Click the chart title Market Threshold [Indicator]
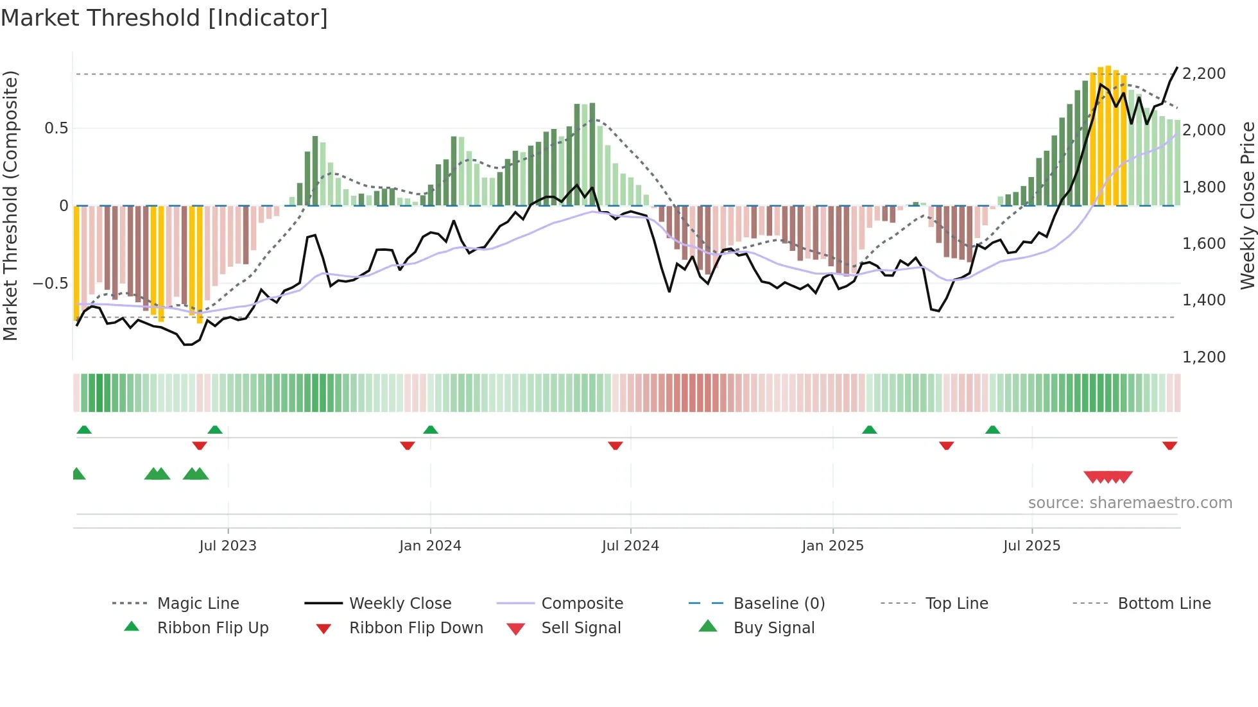click(164, 18)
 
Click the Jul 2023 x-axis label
click(227, 546)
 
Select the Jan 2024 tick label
click(430, 546)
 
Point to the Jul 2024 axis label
click(630, 546)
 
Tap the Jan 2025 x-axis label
click(832, 546)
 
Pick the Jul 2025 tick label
click(1031, 546)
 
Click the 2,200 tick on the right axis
click(1203, 74)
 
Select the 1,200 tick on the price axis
click(1203, 357)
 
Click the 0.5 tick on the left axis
click(56, 128)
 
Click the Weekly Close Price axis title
click(1247, 205)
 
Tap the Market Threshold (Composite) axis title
click(10, 205)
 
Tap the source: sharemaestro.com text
click(1130, 503)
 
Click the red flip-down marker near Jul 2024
click(616, 445)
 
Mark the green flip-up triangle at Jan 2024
click(431, 430)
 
